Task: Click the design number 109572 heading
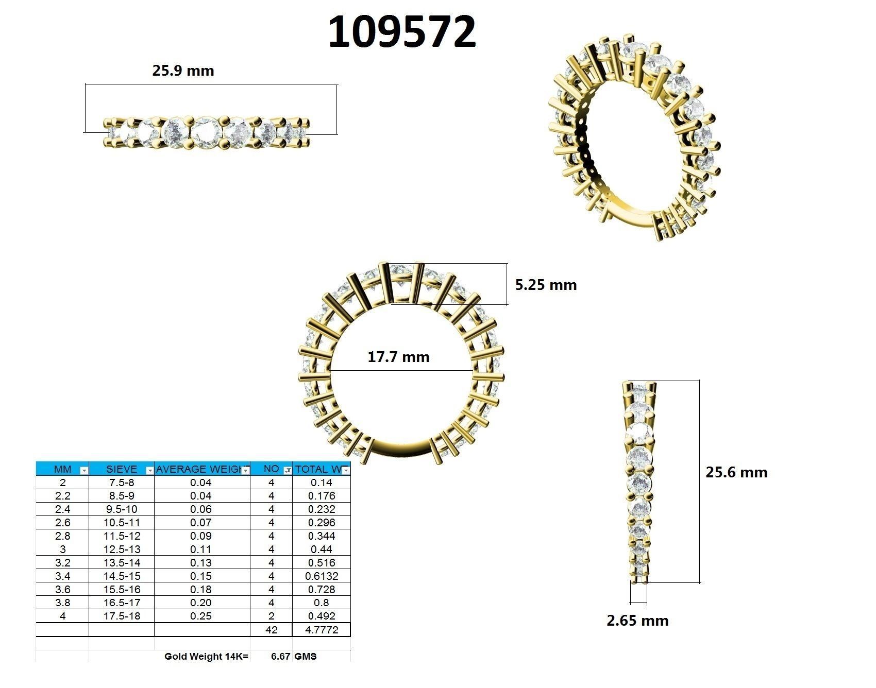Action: click(x=401, y=32)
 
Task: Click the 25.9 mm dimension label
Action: click(x=183, y=71)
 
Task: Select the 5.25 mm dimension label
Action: click(x=546, y=285)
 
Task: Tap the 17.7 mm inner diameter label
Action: click(x=398, y=357)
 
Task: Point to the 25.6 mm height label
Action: click(x=736, y=472)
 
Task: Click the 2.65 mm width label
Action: click(x=637, y=621)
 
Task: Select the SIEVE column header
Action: click(x=122, y=469)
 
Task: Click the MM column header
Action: click(x=62, y=469)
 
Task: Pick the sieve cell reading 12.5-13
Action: click(x=122, y=549)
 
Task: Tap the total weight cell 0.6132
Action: click(x=322, y=576)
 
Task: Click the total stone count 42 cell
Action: click(x=271, y=630)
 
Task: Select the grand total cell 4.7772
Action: click(x=322, y=630)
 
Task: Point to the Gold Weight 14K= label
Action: click(x=206, y=657)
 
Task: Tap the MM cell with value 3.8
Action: click(x=62, y=603)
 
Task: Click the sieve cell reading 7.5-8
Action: click(x=122, y=483)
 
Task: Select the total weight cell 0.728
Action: click(x=322, y=590)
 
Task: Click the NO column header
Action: click(x=271, y=469)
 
